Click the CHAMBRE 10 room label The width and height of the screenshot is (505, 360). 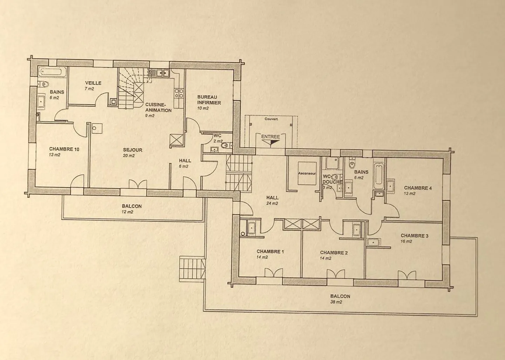[64, 149]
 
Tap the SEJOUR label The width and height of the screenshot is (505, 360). [133, 150]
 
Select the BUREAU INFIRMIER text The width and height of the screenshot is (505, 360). [209, 100]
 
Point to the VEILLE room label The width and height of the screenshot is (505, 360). [93, 83]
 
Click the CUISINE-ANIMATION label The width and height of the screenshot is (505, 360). [158, 108]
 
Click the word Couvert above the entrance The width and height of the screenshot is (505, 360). [271, 119]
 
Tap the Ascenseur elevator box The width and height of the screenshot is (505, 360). [307, 173]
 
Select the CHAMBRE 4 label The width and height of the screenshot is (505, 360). [418, 188]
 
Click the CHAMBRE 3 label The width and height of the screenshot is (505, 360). [415, 236]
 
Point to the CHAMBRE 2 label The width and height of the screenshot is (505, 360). [334, 253]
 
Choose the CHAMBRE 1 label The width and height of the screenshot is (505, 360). [270, 252]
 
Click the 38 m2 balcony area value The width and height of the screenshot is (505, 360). [336, 302]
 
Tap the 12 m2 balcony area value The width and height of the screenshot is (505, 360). [127, 212]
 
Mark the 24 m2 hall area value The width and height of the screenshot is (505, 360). [272, 203]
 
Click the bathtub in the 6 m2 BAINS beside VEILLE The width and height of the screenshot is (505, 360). [50, 72]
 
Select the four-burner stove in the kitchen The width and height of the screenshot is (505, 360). [179, 93]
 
